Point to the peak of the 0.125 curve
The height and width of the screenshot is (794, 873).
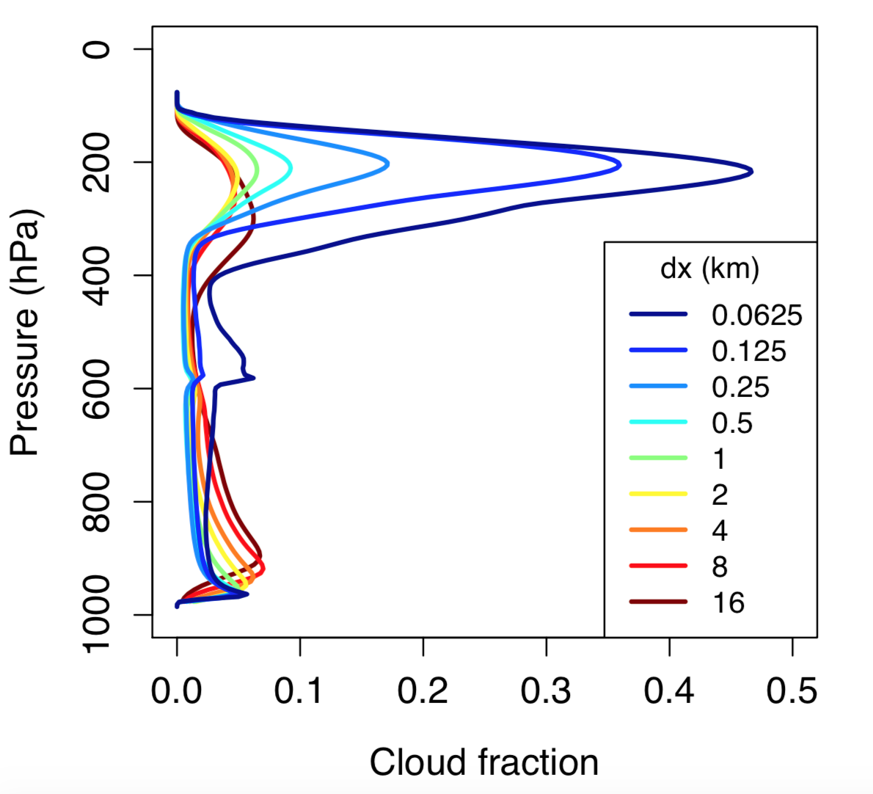pyautogui.click(x=620, y=165)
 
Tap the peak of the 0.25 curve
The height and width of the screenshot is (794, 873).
pyautogui.click(x=387, y=164)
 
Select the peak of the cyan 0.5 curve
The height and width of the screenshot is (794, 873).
pyautogui.click(x=291, y=168)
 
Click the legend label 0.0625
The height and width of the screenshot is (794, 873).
pyautogui.click(x=756, y=316)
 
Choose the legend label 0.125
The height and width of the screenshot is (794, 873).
pyautogui.click(x=748, y=352)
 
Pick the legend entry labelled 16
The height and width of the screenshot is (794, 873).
pyautogui.click(x=728, y=603)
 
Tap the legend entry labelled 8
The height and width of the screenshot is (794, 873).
pyautogui.click(x=719, y=567)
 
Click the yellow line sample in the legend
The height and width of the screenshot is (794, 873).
pyautogui.click(x=658, y=494)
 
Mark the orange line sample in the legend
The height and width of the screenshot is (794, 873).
pyautogui.click(x=658, y=530)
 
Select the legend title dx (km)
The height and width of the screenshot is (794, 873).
pyautogui.click(x=709, y=269)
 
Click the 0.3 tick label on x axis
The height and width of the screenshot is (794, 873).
pyautogui.click(x=546, y=691)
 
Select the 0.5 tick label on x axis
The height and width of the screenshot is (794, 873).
pyautogui.click(x=792, y=691)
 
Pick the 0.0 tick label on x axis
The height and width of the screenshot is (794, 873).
pyautogui.click(x=177, y=691)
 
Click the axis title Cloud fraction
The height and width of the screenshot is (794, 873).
pyautogui.click(x=483, y=762)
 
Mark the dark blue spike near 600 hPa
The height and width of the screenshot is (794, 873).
pyautogui.click(x=252, y=378)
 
